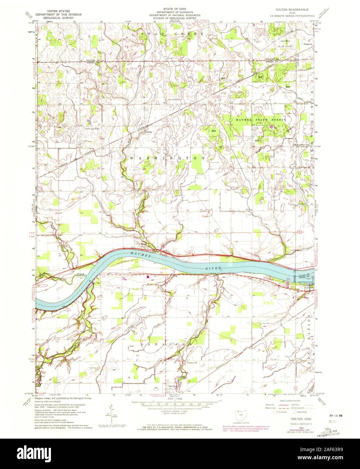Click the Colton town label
tap(149, 132)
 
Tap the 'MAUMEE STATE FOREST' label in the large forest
tap(258, 120)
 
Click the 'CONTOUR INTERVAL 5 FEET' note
tap(175, 415)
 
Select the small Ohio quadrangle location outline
tap(240, 414)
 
